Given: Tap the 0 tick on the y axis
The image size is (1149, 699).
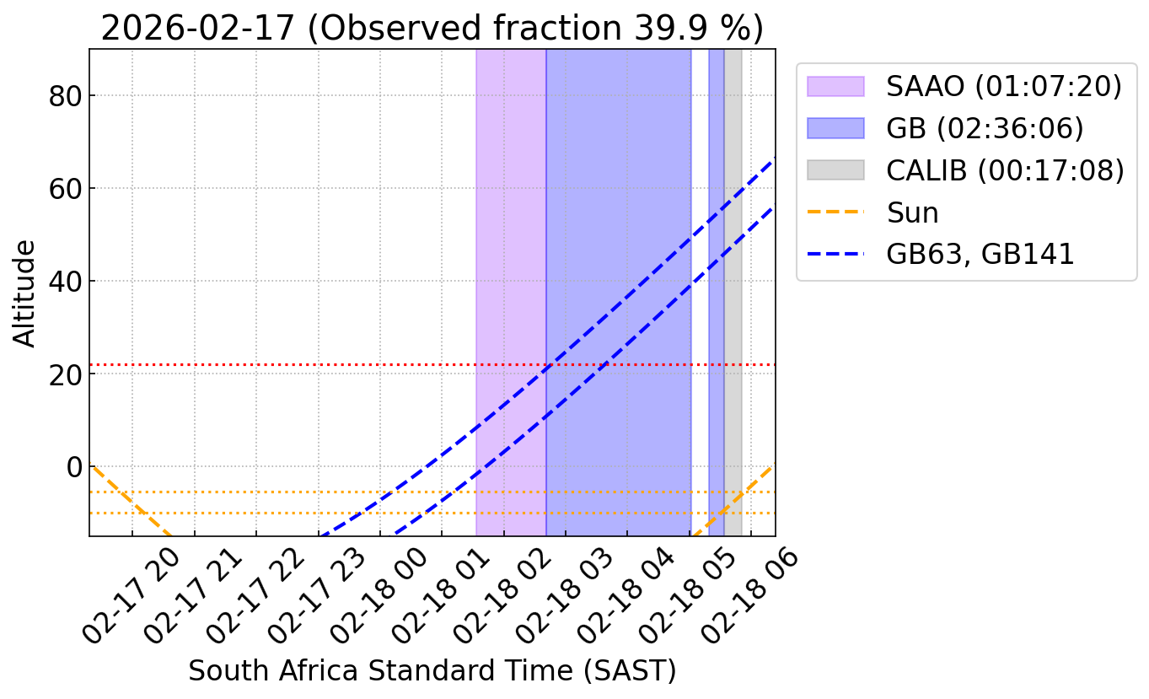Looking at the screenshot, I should pyautogui.click(x=73, y=467).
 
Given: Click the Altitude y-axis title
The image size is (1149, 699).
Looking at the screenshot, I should pyautogui.click(x=25, y=293).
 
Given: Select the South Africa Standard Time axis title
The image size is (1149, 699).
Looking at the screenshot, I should pyautogui.click(x=432, y=671).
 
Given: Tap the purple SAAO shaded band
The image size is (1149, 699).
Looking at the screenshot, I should pyautogui.click(x=511, y=253).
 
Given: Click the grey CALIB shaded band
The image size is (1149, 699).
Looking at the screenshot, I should pyautogui.click(x=733, y=253).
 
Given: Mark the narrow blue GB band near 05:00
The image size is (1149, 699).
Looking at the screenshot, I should pyautogui.click(x=717, y=253).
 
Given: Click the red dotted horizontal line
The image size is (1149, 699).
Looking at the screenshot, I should pyautogui.click(x=253, y=365).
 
